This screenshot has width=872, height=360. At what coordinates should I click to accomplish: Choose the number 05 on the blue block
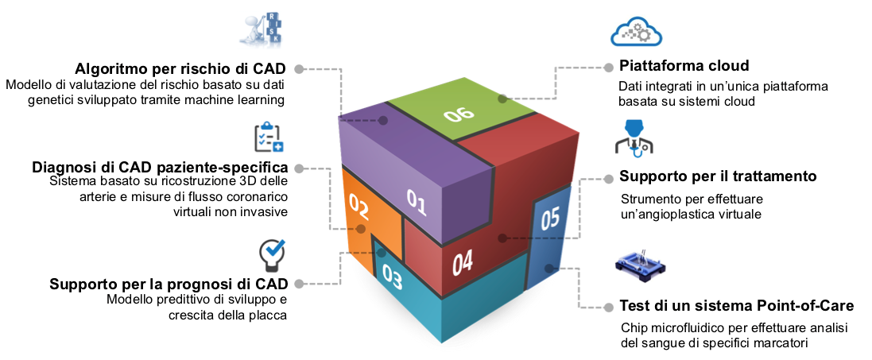click(x=550, y=218)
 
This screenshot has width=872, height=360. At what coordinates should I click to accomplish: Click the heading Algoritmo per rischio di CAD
click(x=180, y=68)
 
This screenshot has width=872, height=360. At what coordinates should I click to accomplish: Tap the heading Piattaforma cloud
click(x=684, y=66)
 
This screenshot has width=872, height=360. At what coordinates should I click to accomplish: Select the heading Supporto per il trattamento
click(x=718, y=176)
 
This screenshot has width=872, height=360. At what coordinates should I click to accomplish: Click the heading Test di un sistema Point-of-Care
click(x=736, y=306)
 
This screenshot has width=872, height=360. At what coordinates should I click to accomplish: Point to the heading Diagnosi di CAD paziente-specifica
click(x=160, y=168)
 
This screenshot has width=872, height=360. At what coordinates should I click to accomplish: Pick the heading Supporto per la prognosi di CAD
click(x=169, y=284)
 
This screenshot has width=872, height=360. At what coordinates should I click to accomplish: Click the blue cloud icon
click(x=635, y=31)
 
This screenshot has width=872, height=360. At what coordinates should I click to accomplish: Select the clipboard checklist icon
click(x=268, y=137)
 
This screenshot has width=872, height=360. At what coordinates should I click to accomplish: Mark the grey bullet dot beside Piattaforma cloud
click(x=609, y=68)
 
